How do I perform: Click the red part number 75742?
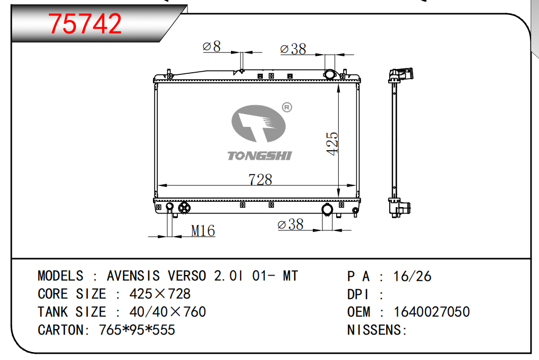click(85, 23)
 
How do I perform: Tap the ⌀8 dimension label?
click(212, 46)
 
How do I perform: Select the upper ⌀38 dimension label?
click(293, 49)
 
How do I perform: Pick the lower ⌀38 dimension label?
click(290, 225)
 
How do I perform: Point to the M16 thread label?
click(203, 231)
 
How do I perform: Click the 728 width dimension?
click(260, 179)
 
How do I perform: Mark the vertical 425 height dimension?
click(332, 144)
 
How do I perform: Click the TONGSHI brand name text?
click(260, 156)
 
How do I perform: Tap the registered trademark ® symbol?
click(287, 107)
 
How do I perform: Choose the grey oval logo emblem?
click(259, 123)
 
